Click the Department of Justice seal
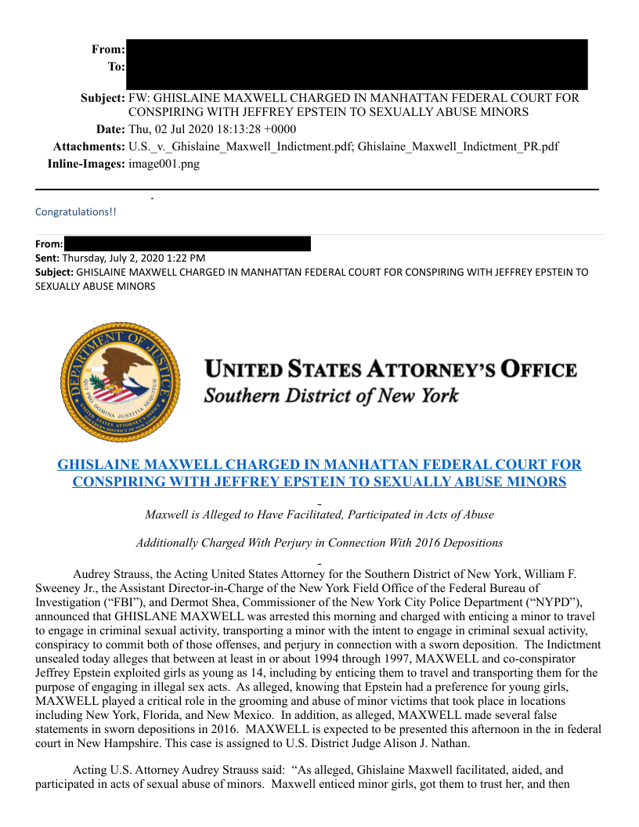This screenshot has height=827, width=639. click(x=120, y=381)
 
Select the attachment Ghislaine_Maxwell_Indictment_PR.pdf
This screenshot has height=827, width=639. click(x=457, y=146)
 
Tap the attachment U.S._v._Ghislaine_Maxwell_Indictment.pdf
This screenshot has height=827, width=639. click(x=240, y=146)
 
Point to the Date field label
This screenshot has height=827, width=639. click(x=109, y=129)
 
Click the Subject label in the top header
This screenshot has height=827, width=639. click(x=103, y=99)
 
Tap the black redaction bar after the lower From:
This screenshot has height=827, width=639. click(x=187, y=244)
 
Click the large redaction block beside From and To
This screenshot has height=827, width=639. click(x=356, y=64)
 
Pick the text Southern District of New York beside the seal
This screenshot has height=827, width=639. click(x=331, y=395)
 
